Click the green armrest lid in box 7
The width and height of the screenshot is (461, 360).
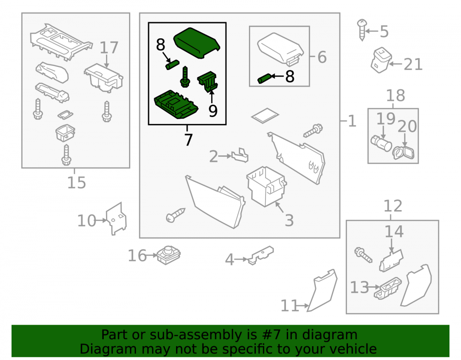(197, 43)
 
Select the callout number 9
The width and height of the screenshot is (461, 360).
(213, 111)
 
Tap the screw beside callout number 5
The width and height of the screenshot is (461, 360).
(362, 30)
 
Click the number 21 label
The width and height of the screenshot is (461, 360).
(413, 65)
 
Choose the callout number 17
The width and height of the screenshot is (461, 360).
(109, 47)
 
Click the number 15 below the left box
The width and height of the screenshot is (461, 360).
(77, 183)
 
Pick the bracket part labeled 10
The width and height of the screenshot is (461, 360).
(117, 218)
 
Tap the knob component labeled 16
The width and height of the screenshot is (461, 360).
(168, 255)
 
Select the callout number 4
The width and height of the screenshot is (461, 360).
(229, 260)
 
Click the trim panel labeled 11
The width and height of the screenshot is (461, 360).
(322, 290)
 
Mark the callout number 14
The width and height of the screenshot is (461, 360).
(394, 231)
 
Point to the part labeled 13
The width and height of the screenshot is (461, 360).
(388, 288)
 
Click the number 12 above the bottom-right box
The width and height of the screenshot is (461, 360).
(393, 206)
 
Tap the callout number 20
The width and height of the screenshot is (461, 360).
(407, 126)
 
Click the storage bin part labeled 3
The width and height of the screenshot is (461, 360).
(266, 186)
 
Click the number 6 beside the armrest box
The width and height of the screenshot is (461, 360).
(322, 57)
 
